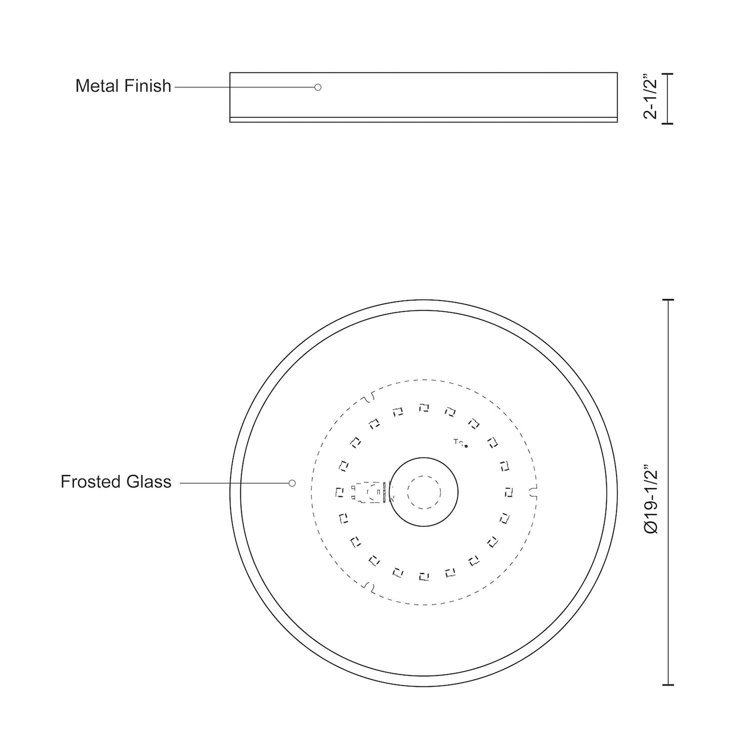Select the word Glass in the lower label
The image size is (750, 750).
tap(151, 482)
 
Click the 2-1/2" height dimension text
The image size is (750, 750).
tap(650, 99)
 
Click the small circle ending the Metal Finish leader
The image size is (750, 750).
tap(318, 87)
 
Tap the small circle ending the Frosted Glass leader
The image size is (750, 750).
tap(292, 483)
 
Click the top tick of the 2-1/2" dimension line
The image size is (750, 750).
tap(667, 74)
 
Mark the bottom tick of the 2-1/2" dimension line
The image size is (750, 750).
tap(667, 124)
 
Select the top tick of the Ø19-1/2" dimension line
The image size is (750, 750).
tap(668, 300)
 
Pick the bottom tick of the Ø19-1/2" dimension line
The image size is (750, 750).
tap(668, 685)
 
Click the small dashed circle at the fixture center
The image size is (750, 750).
tap(424, 492)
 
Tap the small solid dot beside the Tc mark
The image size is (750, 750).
tap(466, 446)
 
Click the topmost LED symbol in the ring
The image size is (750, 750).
tap(424, 408)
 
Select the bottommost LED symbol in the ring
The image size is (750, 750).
tap(424, 576)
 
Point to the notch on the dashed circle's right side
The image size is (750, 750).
tap(531, 492)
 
